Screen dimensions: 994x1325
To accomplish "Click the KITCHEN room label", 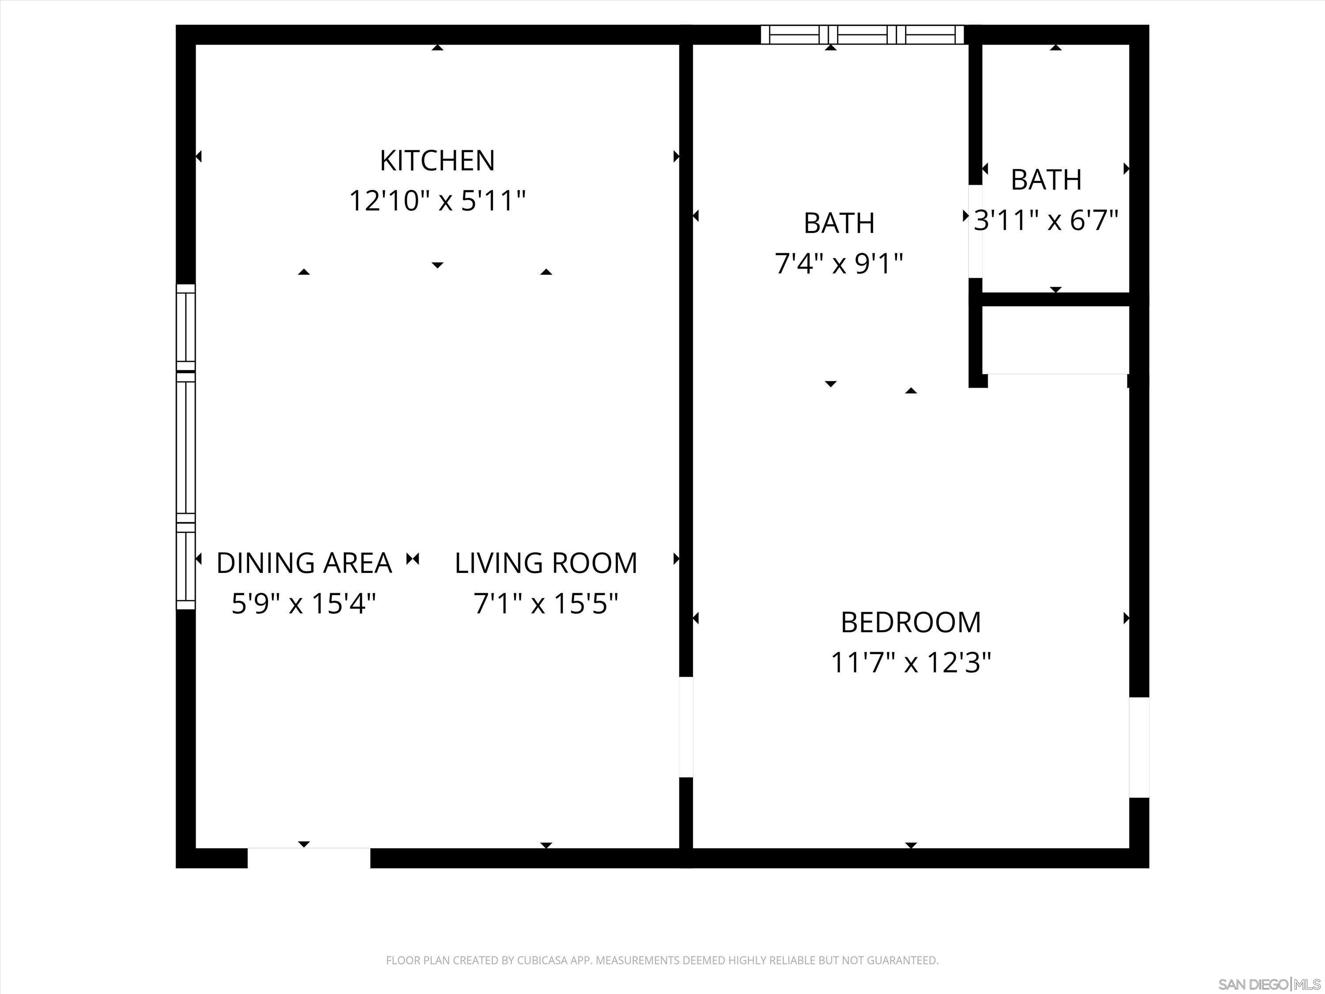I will point(437,160).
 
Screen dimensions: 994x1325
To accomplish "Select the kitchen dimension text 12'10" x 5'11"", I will point(437,201).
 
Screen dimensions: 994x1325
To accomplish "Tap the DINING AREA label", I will point(304,563).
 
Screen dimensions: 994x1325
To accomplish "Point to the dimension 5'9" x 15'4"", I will point(304,603).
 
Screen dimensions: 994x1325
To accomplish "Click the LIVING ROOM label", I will point(546,563).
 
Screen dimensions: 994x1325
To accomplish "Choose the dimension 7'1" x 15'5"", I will point(546,603).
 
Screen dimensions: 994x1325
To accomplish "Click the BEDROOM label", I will point(910,622).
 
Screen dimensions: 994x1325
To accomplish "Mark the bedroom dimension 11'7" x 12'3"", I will point(910,663).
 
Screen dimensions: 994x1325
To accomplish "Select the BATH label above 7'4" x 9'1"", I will point(839,224).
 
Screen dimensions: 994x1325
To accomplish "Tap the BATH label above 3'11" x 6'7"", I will point(1046,180).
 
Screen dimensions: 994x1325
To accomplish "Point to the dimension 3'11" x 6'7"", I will point(1046,220).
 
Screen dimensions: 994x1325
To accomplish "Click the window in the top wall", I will point(862,35).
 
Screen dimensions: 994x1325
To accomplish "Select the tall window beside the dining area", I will point(185,446).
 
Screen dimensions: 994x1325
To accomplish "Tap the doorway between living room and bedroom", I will point(686,727).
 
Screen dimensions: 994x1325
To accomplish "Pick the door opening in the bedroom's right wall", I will point(1139,747).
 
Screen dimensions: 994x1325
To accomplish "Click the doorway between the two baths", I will point(975,231).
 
